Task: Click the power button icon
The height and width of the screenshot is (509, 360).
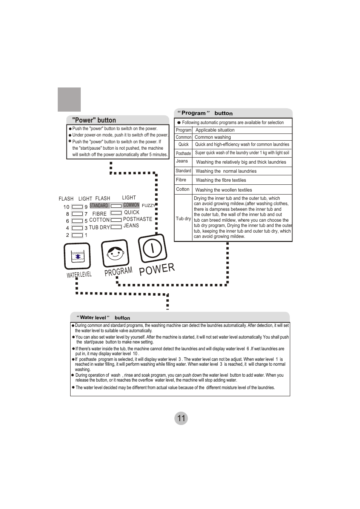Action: click(152, 248)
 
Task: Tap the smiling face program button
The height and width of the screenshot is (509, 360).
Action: click(115, 253)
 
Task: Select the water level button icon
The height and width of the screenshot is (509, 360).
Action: click(77, 256)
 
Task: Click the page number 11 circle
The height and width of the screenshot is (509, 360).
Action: click(181, 418)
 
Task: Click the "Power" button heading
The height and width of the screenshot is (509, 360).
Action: click(94, 120)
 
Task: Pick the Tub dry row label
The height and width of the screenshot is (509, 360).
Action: click(183, 219)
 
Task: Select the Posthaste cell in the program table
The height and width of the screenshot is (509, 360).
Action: click(183, 153)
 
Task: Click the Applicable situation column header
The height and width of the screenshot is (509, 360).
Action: click(215, 130)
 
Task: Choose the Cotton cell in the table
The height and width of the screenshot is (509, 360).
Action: click(183, 189)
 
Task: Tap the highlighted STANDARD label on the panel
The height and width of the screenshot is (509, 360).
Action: click(99, 206)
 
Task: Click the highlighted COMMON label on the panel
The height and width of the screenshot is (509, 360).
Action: click(131, 205)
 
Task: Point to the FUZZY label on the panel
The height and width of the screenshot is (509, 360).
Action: click(148, 205)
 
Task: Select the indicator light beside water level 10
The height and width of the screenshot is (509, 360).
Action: click(77, 207)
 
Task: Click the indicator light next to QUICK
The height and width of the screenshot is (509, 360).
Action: click(116, 213)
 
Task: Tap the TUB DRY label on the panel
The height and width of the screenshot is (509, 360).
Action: click(99, 227)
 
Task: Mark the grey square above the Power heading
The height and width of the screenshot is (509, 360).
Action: click(69, 100)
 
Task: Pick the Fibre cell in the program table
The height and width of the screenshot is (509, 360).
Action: click(181, 180)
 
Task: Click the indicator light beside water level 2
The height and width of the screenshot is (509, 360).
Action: click(77, 235)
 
